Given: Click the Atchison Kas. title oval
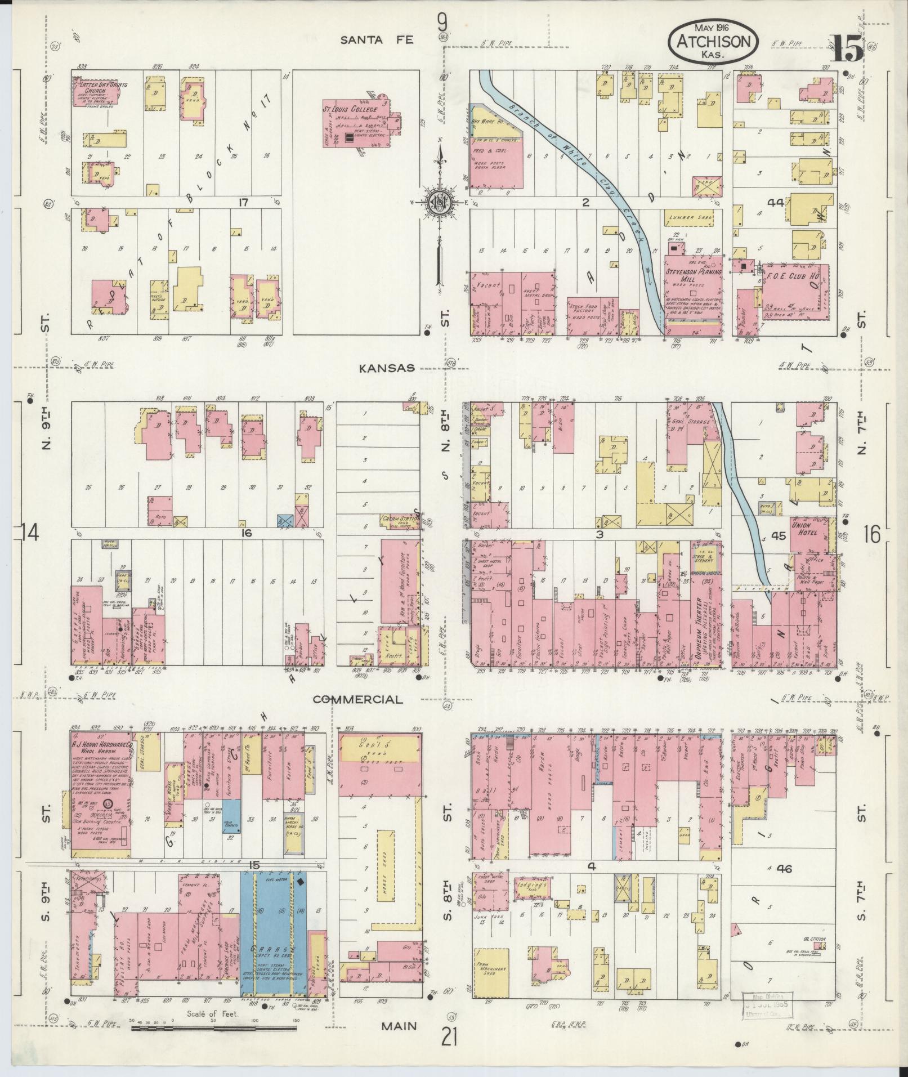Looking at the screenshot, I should tap(713, 42).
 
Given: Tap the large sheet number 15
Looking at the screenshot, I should tap(846, 48).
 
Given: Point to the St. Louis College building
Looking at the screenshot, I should tap(360, 125).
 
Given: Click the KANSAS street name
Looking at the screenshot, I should tap(387, 368).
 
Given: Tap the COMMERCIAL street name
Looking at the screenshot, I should tap(358, 699).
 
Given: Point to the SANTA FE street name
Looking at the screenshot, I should tap(377, 39).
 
